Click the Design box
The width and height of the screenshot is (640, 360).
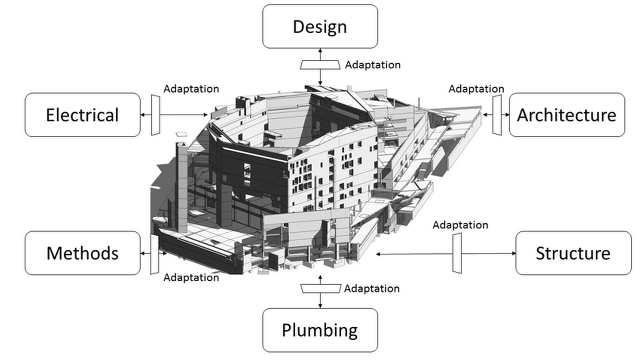click(x=320, y=26)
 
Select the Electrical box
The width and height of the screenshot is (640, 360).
click(x=82, y=115)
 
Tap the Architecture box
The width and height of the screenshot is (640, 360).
click(x=567, y=115)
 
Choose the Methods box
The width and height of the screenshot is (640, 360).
click(x=82, y=253)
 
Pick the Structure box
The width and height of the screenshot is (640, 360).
click(x=574, y=253)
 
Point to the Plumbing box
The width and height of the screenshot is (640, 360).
click(x=320, y=330)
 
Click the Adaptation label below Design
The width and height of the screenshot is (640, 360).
click(x=372, y=65)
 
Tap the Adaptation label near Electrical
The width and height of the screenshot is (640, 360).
click(x=191, y=89)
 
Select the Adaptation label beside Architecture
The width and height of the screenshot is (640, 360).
click(x=476, y=89)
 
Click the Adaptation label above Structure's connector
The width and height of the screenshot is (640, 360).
click(x=460, y=225)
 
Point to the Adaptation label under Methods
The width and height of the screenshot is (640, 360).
click(x=191, y=278)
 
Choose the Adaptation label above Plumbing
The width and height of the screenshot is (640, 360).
click(x=372, y=288)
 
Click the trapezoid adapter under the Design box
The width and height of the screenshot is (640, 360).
click(x=320, y=65)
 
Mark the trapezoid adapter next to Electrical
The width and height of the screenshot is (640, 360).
click(x=156, y=115)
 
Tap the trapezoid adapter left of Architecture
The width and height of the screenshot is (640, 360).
click(x=497, y=115)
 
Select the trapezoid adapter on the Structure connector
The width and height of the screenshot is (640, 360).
click(x=457, y=253)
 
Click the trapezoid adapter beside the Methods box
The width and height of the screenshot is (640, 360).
click(x=154, y=254)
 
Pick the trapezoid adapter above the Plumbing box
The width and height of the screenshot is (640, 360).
click(x=320, y=288)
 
